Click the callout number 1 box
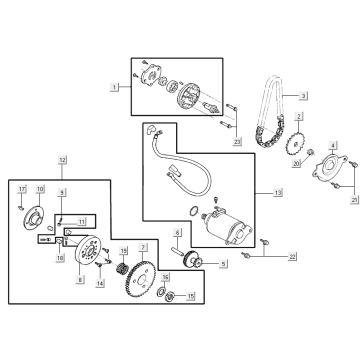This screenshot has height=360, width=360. pos(115,87)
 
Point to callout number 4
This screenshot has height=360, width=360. pos(333,146)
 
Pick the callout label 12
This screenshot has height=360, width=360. pos(62,160)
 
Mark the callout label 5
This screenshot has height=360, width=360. pos(223,264)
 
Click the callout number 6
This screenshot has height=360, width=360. pos(177,233)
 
